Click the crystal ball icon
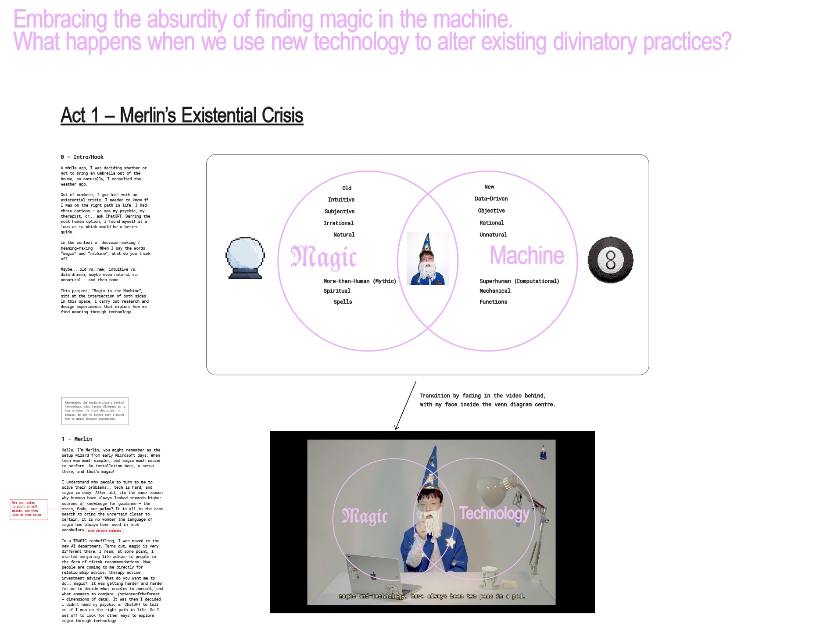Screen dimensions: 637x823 [x=245, y=258]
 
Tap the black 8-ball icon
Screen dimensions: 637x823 [x=610, y=260]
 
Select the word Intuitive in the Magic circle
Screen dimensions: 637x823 [x=341, y=200]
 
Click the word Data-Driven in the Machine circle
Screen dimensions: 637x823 [x=491, y=199]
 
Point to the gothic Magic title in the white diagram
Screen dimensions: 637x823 [x=324, y=257]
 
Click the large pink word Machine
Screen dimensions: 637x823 [x=526, y=255]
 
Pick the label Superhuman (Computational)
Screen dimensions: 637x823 [x=519, y=281]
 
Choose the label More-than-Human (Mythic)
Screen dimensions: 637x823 [x=359, y=281]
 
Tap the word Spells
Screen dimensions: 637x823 [x=343, y=302]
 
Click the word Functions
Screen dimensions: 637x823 [x=493, y=302]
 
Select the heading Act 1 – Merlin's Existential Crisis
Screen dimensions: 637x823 [x=182, y=115]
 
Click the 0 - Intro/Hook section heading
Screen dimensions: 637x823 [x=82, y=157]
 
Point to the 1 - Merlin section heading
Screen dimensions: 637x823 [x=77, y=439]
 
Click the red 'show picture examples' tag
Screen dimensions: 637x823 [x=104, y=531]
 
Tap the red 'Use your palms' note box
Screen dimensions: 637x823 [x=29, y=509]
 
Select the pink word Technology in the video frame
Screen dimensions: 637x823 [x=494, y=513]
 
